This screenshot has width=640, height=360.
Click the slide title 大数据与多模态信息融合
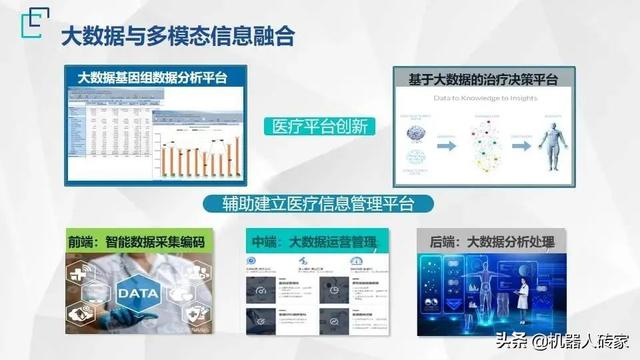[178, 38]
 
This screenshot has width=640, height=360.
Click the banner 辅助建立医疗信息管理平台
[321, 204]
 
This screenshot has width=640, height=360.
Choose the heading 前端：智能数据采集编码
[138, 243]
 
